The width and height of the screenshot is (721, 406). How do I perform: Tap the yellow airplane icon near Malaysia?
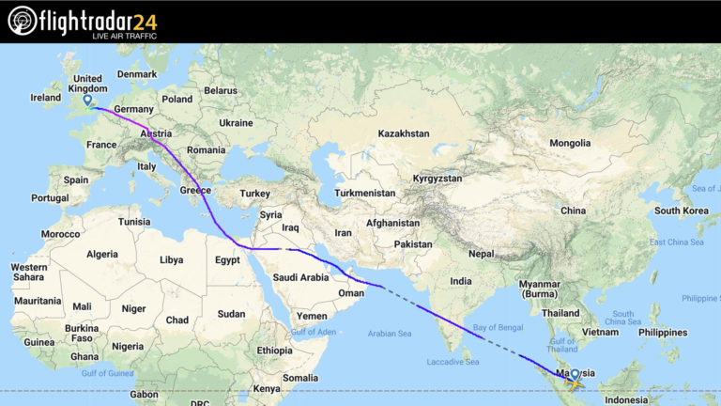click(x=573, y=382)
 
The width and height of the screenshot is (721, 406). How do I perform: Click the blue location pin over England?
click(x=87, y=101)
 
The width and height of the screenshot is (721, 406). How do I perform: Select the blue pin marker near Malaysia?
click(x=575, y=374)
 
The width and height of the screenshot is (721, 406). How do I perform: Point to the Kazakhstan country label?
click(x=403, y=134)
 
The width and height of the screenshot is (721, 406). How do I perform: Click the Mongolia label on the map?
click(x=569, y=143)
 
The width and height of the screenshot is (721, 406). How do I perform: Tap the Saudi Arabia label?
click(x=300, y=277)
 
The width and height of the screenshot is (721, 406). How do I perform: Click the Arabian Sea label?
click(x=391, y=333)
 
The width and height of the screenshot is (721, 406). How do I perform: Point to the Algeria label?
click(x=102, y=254)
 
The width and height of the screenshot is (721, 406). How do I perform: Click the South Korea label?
click(x=681, y=210)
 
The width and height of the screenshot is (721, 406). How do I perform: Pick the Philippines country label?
click(x=662, y=332)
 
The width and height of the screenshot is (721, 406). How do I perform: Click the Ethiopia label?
click(x=274, y=350)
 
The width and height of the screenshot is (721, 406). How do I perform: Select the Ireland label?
click(x=45, y=97)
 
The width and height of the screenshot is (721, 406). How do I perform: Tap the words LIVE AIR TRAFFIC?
click(x=124, y=36)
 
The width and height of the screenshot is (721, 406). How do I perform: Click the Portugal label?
click(x=50, y=198)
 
